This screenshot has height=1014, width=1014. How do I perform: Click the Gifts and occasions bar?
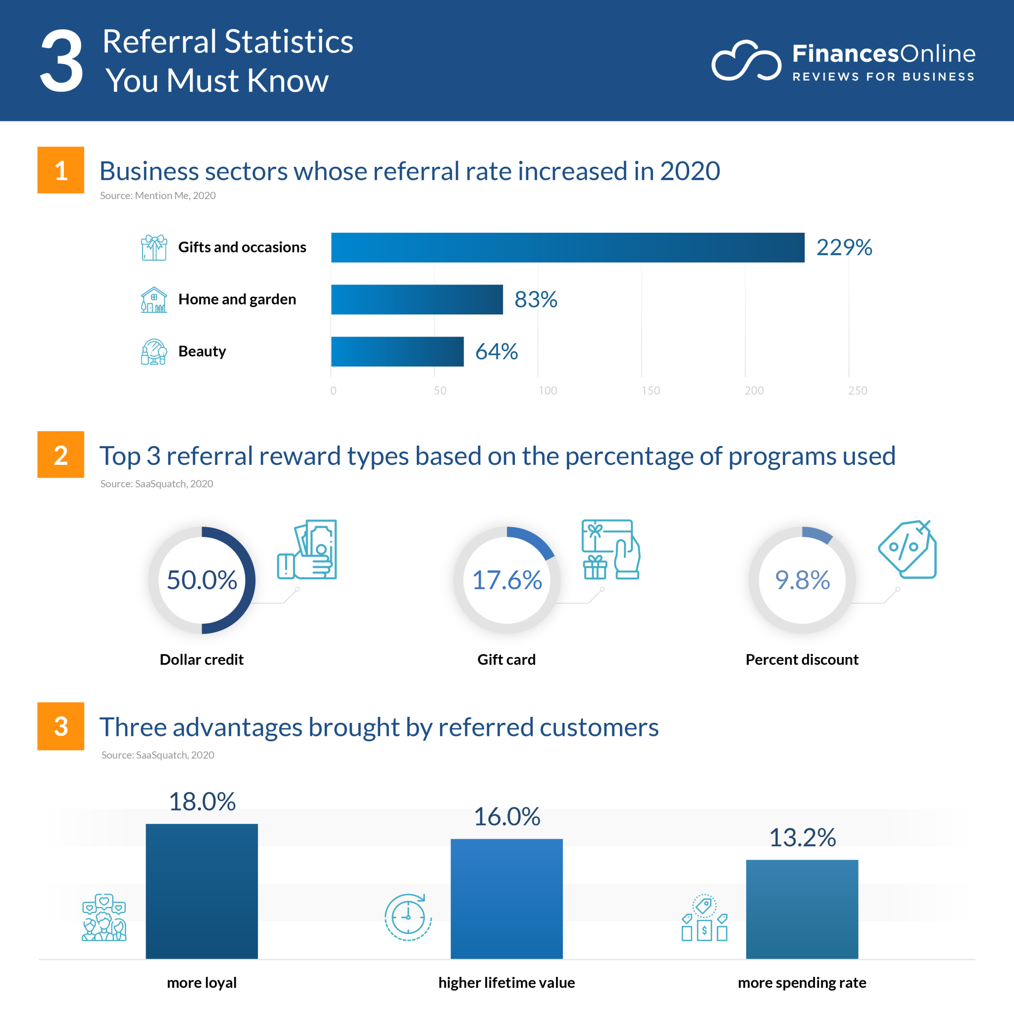(567, 247)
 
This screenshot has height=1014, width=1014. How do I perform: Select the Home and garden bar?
(417, 299)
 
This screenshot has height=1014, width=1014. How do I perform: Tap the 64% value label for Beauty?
(496, 351)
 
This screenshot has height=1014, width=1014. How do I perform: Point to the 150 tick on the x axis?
(650, 391)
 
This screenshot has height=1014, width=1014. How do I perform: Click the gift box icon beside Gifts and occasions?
(154, 247)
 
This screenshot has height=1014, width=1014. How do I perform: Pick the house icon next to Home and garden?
(154, 300)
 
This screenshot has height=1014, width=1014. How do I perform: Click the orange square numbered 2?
(61, 455)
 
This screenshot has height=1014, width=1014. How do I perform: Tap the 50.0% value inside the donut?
(202, 580)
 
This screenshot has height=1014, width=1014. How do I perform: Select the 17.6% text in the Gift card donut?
(507, 580)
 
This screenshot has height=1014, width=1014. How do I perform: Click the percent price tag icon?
(908, 549)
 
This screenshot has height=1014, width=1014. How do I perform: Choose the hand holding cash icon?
(307, 550)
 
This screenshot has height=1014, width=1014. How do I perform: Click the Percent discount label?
(802, 659)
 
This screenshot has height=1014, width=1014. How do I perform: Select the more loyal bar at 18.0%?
(202, 891)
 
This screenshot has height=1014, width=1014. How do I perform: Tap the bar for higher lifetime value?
(507, 898)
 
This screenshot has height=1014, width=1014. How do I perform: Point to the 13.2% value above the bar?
(802, 837)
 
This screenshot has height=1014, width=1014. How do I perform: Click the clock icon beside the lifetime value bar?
(408, 917)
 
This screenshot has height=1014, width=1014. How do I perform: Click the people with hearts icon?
(104, 917)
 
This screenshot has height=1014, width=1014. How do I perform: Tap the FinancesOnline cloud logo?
(746, 61)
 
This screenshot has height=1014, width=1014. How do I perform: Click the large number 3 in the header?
(62, 61)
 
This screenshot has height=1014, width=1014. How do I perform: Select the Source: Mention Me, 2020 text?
(157, 195)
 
